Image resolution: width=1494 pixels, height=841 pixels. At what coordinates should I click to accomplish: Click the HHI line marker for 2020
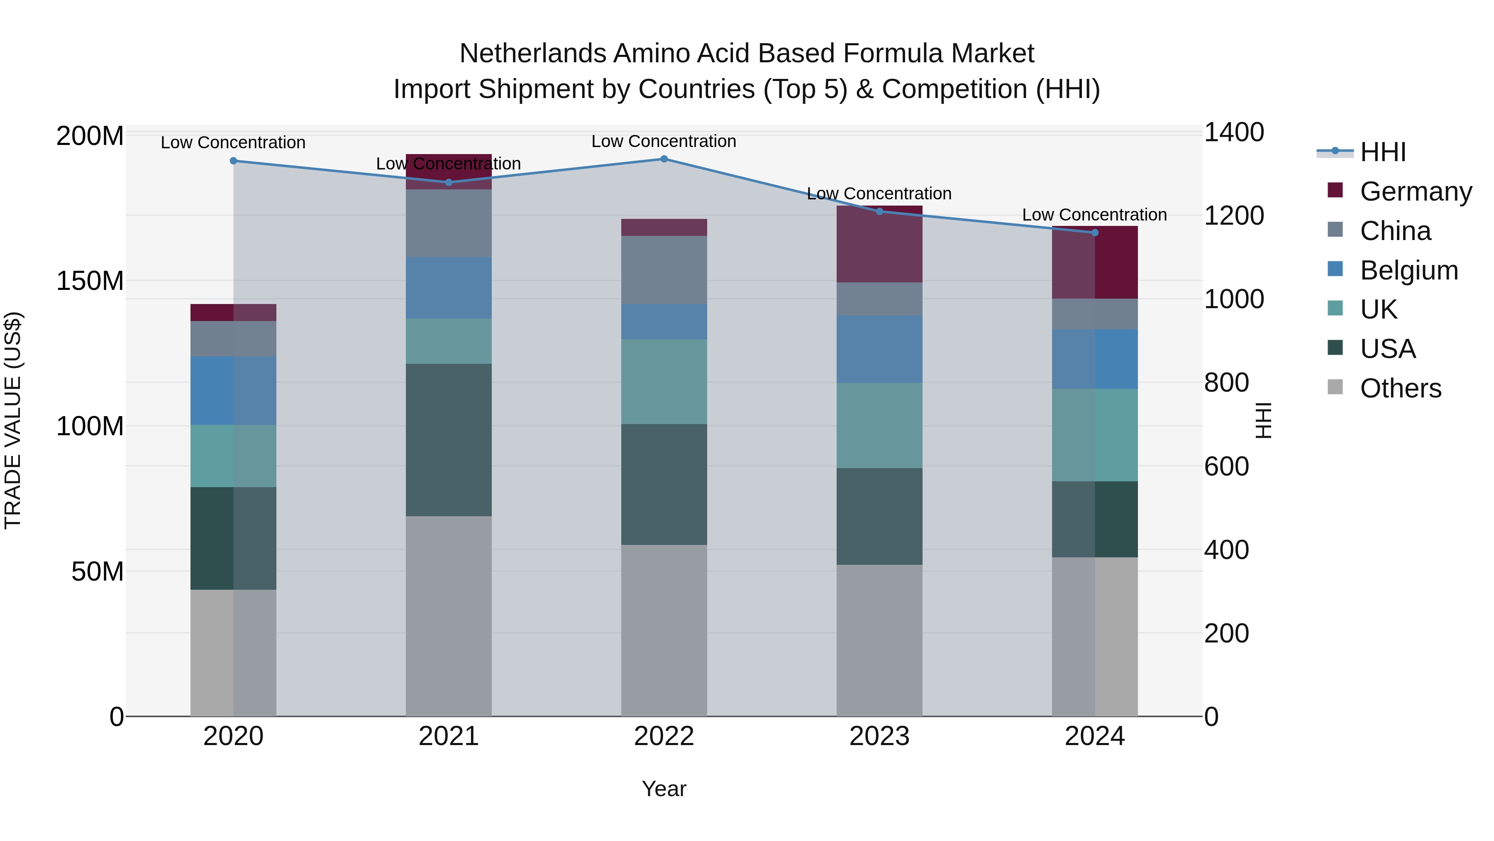233,161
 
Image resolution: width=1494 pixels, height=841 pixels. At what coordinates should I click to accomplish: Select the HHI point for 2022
664,159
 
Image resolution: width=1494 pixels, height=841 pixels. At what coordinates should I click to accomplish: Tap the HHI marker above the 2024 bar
1094,233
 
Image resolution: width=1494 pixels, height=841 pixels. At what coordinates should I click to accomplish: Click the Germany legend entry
1415,191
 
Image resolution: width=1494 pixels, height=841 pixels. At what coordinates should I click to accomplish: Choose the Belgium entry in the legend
1408,270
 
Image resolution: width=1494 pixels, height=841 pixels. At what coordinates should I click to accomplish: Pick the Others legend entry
1400,388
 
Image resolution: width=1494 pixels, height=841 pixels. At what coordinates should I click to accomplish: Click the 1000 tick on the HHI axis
1234,299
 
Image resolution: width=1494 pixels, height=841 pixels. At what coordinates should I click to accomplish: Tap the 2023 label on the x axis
879,736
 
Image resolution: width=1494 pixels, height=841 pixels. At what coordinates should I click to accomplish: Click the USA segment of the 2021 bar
448,439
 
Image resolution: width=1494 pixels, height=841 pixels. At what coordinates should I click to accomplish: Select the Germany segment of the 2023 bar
879,244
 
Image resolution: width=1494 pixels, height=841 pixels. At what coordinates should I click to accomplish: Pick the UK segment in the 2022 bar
664,381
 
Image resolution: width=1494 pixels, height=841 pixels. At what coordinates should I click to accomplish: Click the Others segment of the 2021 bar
448,615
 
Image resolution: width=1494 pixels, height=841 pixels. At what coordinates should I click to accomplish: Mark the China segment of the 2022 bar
664,270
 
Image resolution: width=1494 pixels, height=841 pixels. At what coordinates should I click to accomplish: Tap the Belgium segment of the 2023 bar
879,349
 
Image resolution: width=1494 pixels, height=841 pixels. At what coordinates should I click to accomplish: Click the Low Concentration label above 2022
664,141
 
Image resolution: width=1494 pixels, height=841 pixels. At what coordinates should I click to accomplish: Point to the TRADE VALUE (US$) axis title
13,420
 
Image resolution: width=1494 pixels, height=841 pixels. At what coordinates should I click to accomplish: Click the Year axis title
664,789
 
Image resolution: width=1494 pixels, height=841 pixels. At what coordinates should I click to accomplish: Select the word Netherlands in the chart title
532,54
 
